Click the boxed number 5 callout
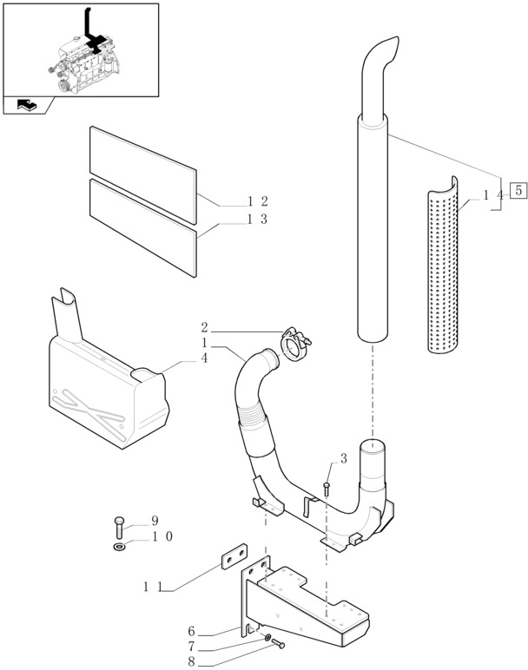click(518, 191)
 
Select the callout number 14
click(493, 196)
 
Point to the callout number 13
click(257, 220)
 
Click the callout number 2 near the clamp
click(204, 328)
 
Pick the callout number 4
click(204, 357)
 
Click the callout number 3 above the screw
click(344, 458)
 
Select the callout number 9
click(155, 521)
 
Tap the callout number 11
click(153, 588)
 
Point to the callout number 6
click(190, 631)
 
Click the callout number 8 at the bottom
click(190, 662)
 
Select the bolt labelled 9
click(118, 527)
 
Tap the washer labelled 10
click(118, 548)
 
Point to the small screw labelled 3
click(327, 488)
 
